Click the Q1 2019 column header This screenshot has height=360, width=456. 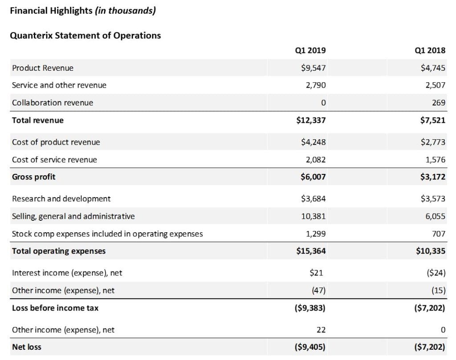pyautogui.click(x=310, y=51)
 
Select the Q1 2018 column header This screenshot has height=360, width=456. pyautogui.click(x=430, y=51)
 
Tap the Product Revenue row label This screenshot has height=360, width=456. pyautogui.click(x=43, y=68)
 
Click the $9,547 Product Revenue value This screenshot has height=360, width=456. pyautogui.click(x=313, y=68)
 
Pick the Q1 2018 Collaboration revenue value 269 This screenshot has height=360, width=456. pyautogui.click(x=439, y=102)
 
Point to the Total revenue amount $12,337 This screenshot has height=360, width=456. pyautogui.click(x=311, y=120)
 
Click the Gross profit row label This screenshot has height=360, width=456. pyautogui.click(x=34, y=177)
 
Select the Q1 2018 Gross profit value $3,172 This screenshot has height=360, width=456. pyautogui.click(x=433, y=177)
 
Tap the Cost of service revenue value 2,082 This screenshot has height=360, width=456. pyautogui.click(x=316, y=159)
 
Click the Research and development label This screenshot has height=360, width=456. pyautogui.click(x=61, y=199)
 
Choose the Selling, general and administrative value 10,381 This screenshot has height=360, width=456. pyautogui.click(x=313, y=216)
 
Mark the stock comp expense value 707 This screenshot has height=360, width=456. pyautogui.click(x=439, y=234)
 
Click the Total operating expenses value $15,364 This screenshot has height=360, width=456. pyautogui.click(x=311, y=251)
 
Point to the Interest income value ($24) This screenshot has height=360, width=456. pyautogui.click(x=436, y=273)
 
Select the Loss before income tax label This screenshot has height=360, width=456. pyautogui.click(x=55, y=308)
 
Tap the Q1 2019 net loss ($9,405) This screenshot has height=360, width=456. pyautogui.click(x=310, y=347)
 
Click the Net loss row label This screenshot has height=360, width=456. pyautogui.click(x=27, y=347)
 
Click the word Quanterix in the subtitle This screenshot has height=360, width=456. pyautogui.click(x=32, y=36)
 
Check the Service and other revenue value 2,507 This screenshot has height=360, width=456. pyautogui.click(x=435, y=85)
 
